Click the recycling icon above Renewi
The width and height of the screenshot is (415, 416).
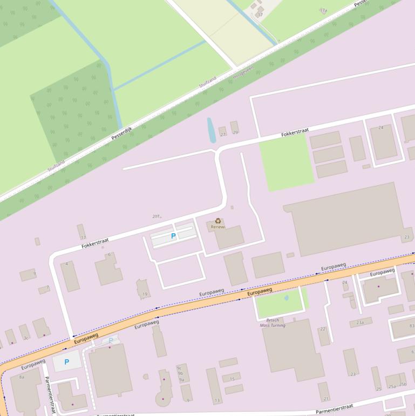[x=218, y=220]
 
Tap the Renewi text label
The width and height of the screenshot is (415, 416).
[x=218, y=227]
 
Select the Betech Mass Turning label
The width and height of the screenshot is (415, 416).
[x=273, y=323]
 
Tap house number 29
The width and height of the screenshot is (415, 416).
[x=235, y=132]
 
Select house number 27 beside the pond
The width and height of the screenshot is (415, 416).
[x=223, y=134]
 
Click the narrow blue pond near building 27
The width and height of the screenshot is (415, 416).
[x=212, y=131]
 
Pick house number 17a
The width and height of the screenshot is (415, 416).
[x=323, y=10]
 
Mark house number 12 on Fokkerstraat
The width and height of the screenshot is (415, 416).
[x=83, y=237]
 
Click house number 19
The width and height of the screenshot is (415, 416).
[x=145, y=294]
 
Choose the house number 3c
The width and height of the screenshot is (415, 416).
[x=25, y=338]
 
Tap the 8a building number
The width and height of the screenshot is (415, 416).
[x=22, y=377]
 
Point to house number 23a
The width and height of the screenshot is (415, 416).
[x=360, y=323]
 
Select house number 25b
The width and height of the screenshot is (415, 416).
[x=403, y=384]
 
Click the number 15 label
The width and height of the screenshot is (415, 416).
[x=232, y=379]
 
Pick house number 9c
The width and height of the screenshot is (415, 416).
[x=180, y=368]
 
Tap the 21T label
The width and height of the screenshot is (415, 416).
[x=156, y=216]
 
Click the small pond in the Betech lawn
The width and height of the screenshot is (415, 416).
[x=286, y=297]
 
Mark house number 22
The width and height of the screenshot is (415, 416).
[x=323, y=329]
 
